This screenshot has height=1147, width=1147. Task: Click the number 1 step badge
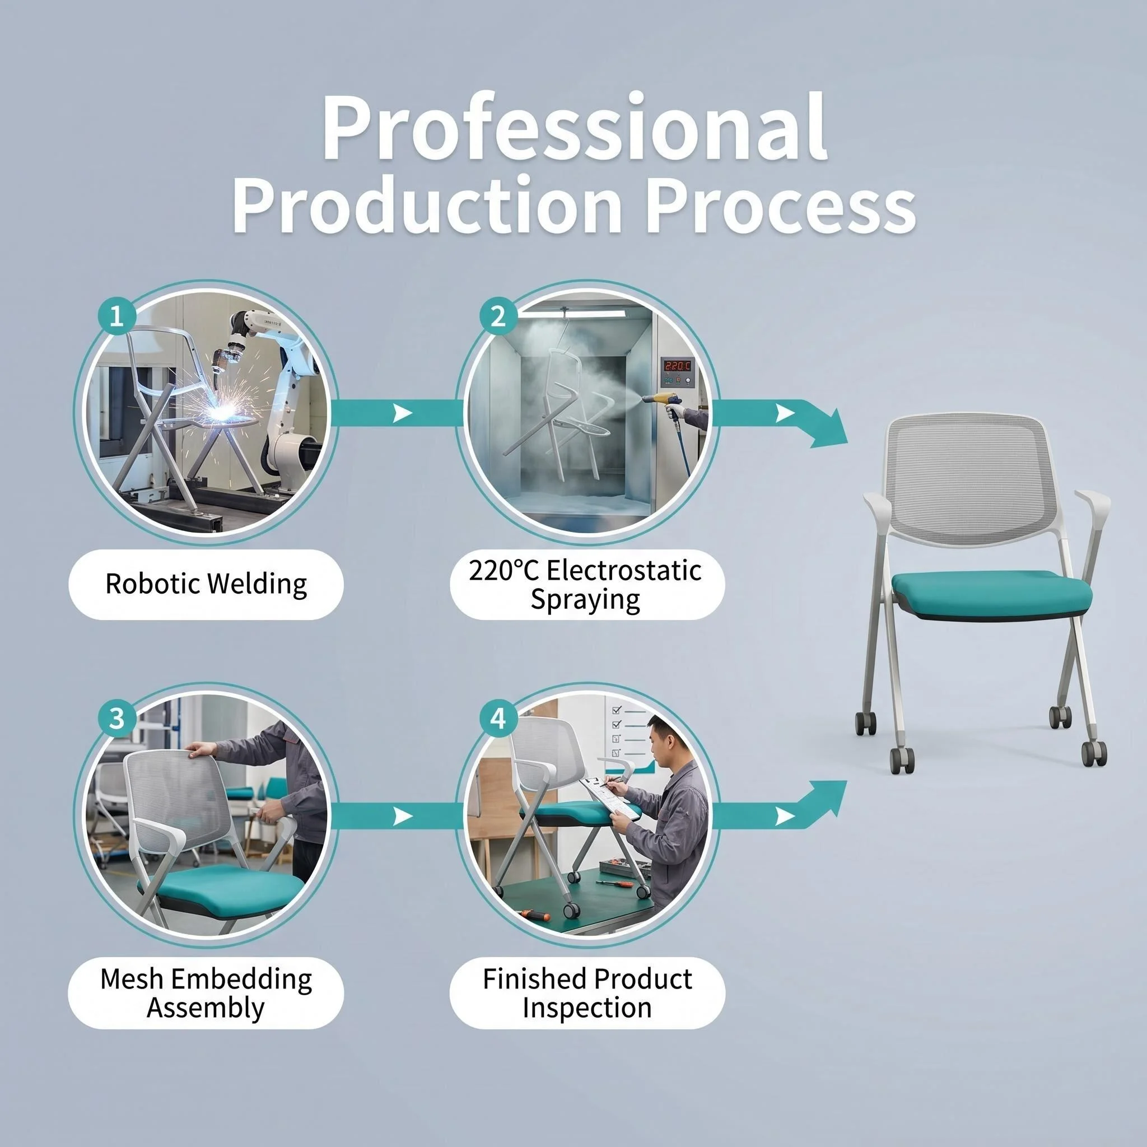[117, 315]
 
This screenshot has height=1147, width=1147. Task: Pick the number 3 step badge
[117, 719]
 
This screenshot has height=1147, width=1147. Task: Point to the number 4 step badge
[497, 719]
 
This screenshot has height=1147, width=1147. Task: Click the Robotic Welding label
[206, 584]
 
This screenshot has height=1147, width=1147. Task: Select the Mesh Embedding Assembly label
[206, 992]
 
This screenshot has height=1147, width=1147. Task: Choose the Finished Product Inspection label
[586, 992]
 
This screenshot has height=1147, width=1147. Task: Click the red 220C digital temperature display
[677, 366]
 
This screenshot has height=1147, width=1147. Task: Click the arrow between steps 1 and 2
[397, 413]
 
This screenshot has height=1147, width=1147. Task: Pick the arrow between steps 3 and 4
[397, 817]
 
